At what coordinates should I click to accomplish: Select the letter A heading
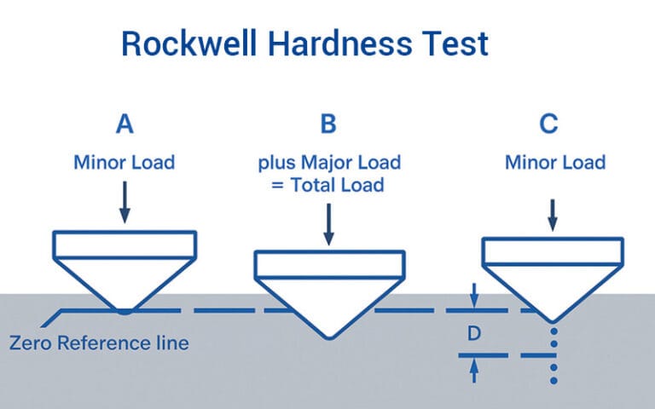(x=125, y=125)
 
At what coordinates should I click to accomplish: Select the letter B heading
(x=328, y=125)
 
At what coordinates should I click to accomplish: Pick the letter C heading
(x=549, y=125)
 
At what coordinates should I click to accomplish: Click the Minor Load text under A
(x=125, y=162)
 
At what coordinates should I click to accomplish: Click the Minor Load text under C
(x=555, y=162)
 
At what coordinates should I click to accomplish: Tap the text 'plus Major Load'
(x=328, y=162)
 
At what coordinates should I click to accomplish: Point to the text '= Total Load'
(x=328, y=184)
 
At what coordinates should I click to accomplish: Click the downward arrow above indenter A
(x=125, y=204)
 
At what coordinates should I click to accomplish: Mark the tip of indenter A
(x=125, y=311)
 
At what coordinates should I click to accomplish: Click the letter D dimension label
(x=474, y=334)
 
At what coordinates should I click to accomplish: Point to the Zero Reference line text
(x=99, y=344)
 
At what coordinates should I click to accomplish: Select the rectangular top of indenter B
(x=328, y=265)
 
